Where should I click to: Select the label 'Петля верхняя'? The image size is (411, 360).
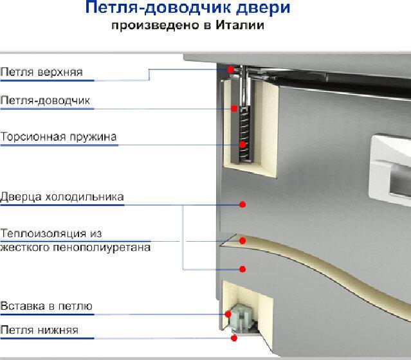coord(41,71)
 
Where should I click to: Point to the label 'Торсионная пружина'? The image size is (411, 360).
coord(59,137)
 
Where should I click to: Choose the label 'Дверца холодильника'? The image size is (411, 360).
coord(62,197)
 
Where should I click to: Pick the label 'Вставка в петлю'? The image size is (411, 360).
coord(46,306)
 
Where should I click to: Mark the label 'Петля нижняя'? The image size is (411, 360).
coord(39,330)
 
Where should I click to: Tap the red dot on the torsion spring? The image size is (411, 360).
coord(243,145)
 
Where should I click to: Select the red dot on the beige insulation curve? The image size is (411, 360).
coord(243,240)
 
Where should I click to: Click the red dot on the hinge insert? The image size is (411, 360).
coord(228,314)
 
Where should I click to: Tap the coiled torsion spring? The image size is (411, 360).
coord(243,132)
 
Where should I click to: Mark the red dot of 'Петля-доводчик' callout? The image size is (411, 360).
coord(235,109)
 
